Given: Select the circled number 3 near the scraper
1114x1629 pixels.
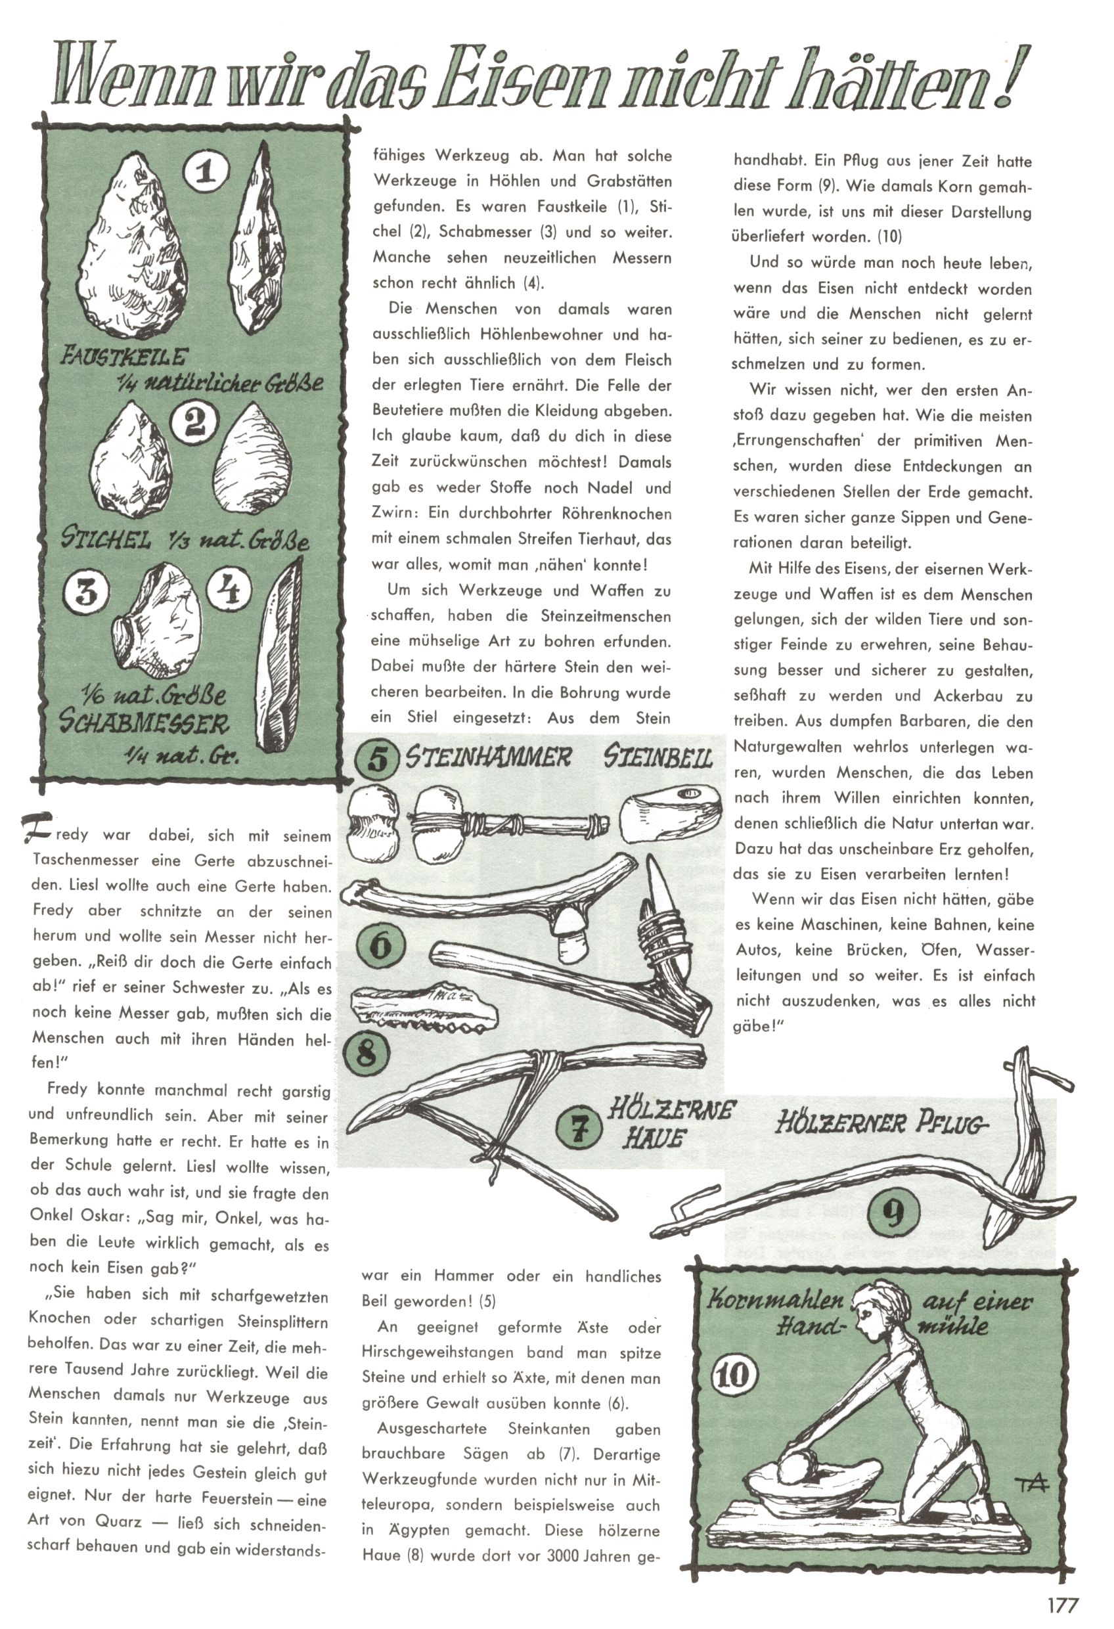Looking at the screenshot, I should click(87, 593).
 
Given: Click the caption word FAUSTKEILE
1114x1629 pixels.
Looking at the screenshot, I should click(124, 357).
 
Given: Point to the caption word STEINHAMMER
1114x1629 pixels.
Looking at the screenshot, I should click(489, 759).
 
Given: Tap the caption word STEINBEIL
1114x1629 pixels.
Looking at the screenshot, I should click(657, 759).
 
